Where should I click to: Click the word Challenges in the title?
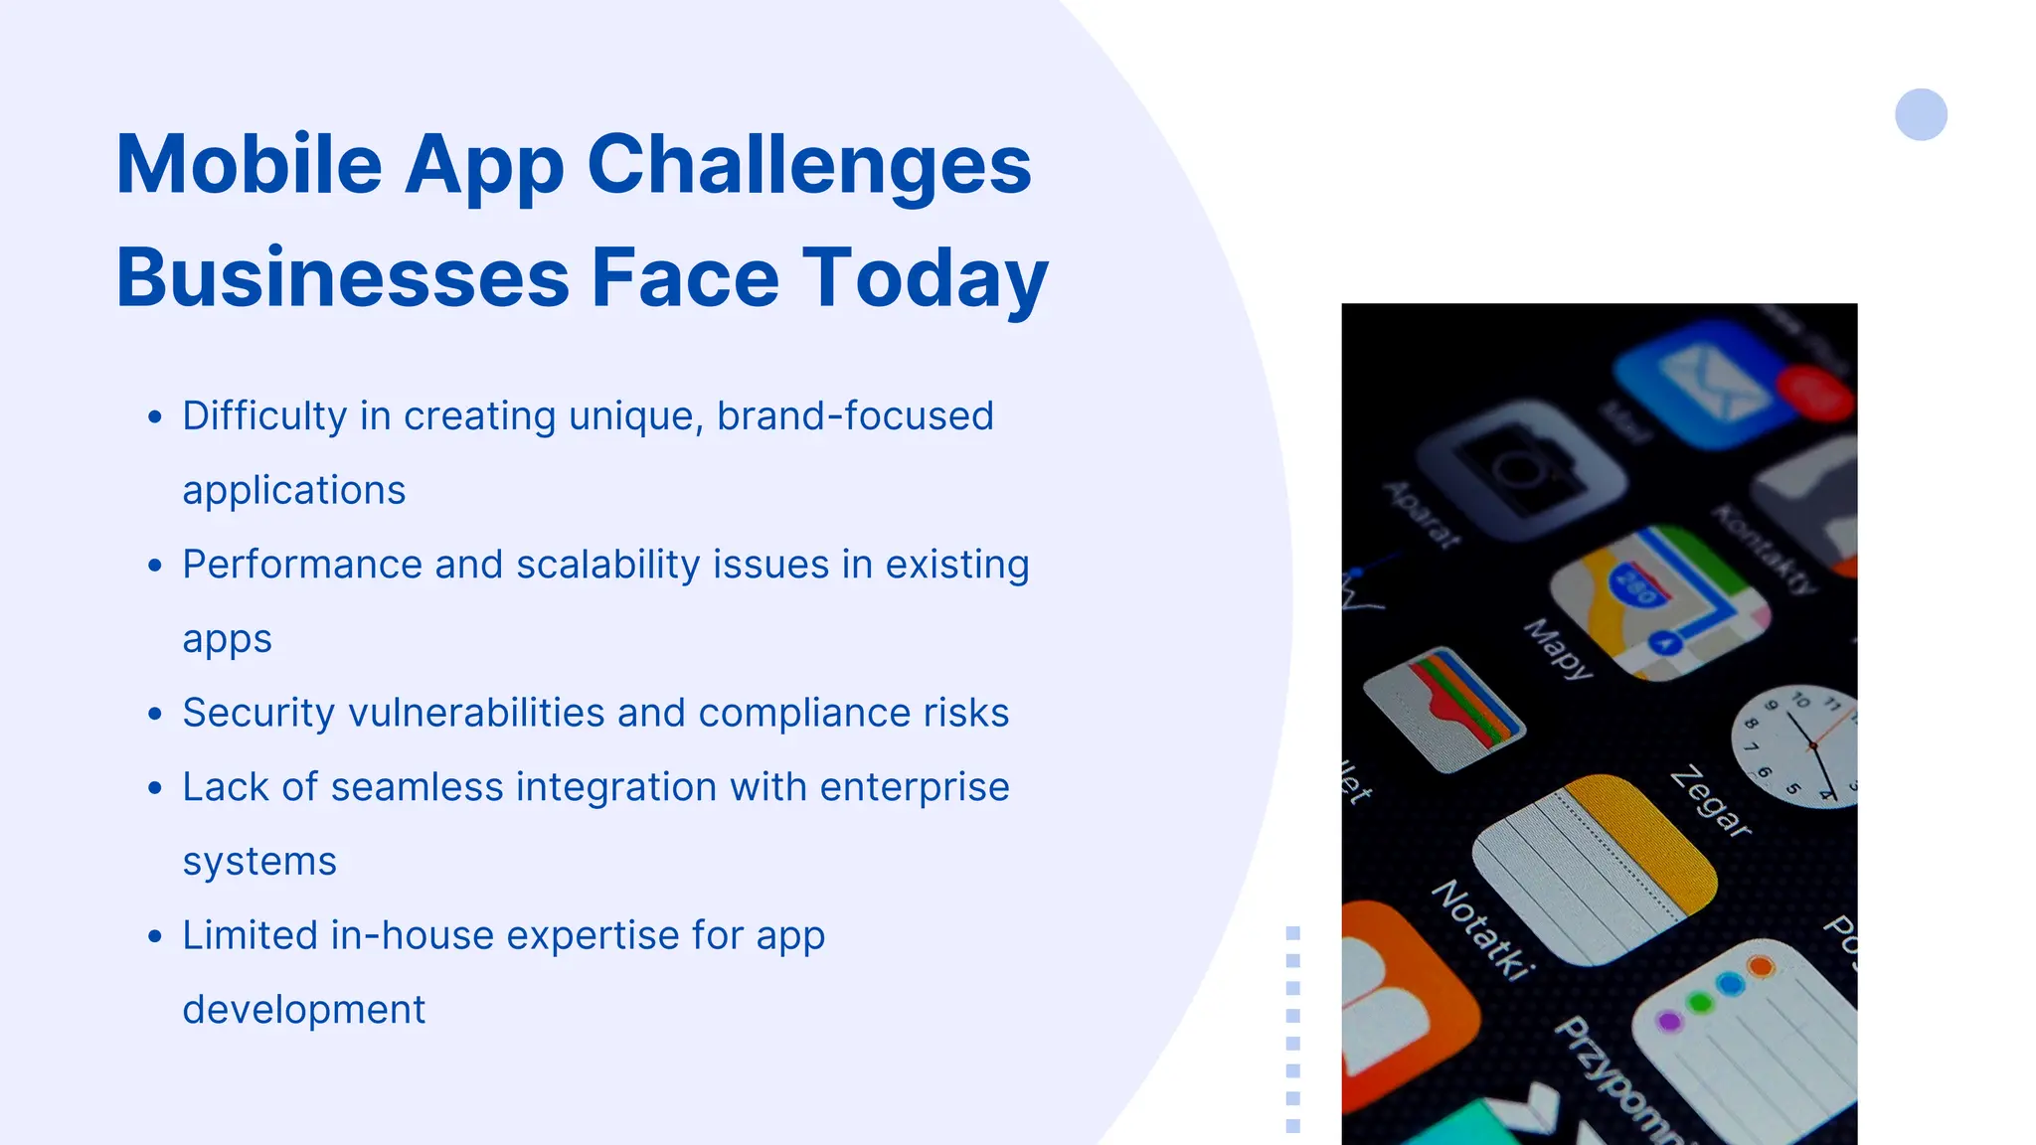809,165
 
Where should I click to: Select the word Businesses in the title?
342,278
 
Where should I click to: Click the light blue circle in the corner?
1921,114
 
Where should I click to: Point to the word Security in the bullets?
258,714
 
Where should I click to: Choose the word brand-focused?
855,416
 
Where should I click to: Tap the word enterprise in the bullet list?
915,787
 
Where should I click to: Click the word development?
303,1010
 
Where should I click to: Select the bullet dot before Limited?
154,936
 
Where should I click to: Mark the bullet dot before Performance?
154,566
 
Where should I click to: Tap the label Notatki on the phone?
1481,930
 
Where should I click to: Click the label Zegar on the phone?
1710,801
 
